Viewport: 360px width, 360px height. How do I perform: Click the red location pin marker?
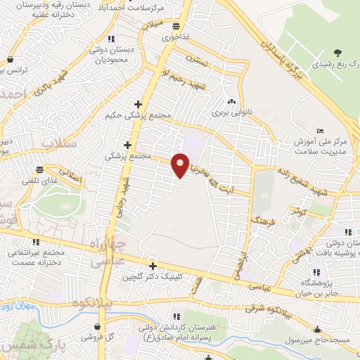click(181, 165)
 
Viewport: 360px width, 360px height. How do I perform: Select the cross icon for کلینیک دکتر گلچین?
click(153, 265)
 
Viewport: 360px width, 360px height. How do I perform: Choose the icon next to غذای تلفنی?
click(42, 169)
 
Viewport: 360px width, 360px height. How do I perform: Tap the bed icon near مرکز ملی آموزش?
click(321, 131)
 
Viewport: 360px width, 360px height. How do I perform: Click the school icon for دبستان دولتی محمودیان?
click(110, 38)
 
